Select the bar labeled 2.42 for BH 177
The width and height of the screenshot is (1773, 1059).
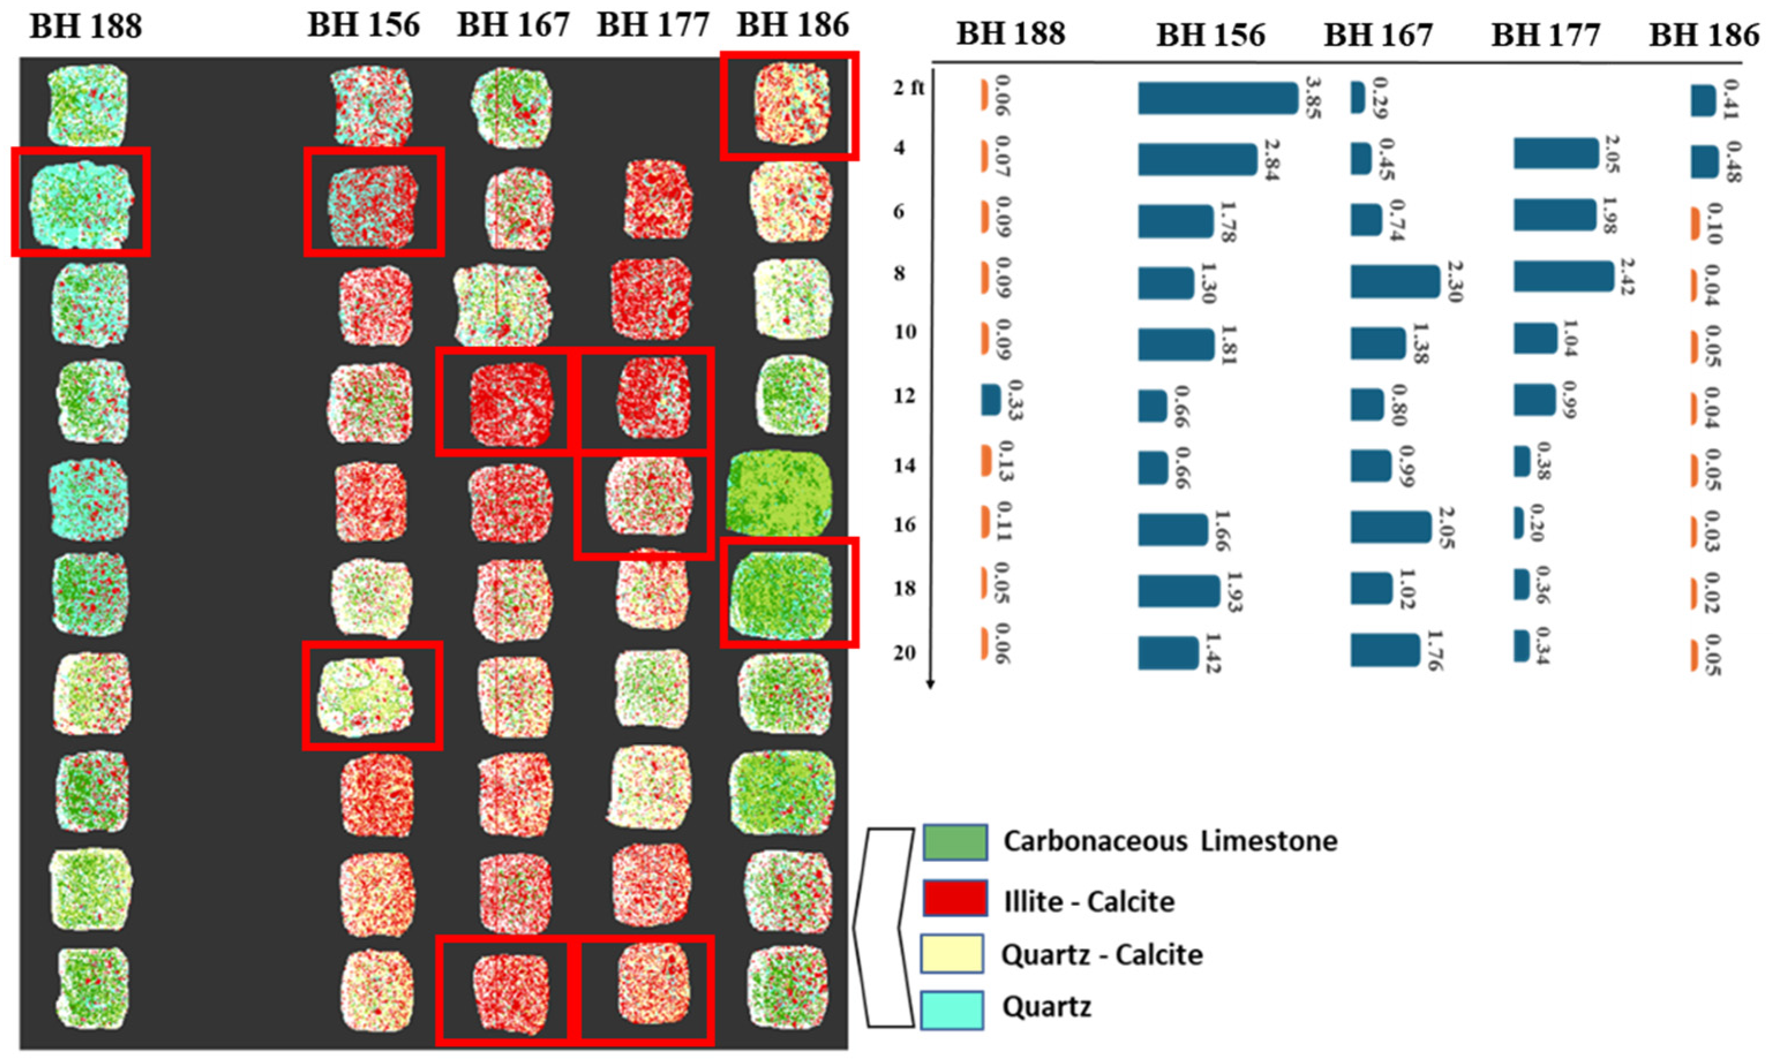1563,276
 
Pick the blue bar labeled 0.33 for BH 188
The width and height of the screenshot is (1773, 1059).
991,400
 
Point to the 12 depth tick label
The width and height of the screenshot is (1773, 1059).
904,395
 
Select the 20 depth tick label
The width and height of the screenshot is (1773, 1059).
904,653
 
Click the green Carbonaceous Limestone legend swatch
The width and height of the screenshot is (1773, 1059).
955,842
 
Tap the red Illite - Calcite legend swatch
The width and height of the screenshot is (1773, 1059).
955,898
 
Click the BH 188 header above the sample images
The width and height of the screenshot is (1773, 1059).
86,27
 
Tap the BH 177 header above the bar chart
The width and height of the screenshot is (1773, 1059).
1545,34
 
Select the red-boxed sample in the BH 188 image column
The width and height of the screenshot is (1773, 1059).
81,202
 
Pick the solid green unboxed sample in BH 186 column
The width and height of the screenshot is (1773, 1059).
780,494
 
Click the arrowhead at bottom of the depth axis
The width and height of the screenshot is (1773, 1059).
929,685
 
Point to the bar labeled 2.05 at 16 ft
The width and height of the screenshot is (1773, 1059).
1390,527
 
